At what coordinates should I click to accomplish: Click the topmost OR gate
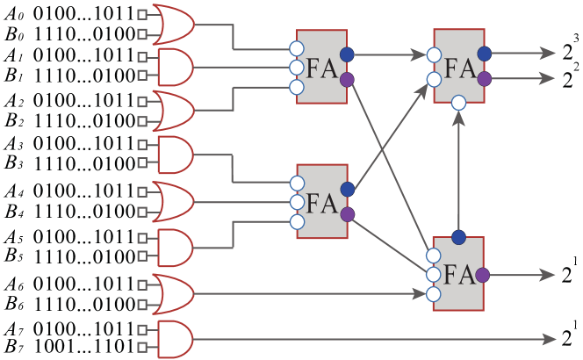coord(173,25)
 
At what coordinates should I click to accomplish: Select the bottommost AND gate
coord(173,339)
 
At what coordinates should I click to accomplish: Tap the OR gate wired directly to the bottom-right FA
coord(173,293)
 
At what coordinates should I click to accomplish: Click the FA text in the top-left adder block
coord(321,68)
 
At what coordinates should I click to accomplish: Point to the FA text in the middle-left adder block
coord(321,203)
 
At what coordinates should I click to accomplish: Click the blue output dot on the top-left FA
coord(347,54)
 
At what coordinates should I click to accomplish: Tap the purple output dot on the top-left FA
coord(347,80)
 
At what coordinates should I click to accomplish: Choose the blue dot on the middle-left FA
coord(347,189)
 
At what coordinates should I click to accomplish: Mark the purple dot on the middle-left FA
coord(347,214)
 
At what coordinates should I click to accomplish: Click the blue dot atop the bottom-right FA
coord(458,237)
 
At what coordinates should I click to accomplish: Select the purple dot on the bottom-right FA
coord(484,276)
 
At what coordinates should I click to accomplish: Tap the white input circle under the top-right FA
coord(458,104)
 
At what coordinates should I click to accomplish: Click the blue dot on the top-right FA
coord(484,54)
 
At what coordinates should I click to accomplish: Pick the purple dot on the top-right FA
coord(484,79)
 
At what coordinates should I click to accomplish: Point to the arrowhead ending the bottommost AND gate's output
coord(550,339)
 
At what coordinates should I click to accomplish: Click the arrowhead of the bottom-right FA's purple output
coord(550,276)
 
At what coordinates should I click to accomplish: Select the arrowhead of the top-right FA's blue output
coord(550,54)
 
